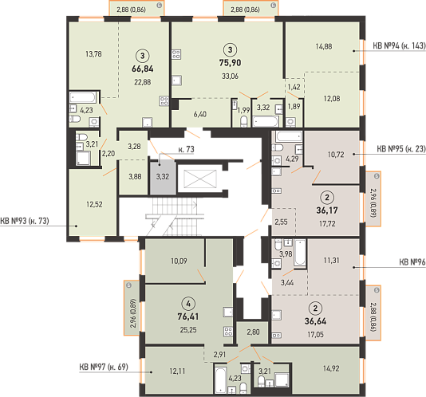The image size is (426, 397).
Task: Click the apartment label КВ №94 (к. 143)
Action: tap(399, 46)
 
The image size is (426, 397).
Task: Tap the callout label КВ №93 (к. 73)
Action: tap(25, 221)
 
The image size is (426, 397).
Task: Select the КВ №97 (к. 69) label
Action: tap(104, 367)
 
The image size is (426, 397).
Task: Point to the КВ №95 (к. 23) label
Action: tap(401, 149)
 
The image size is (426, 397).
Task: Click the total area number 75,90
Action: tap(230, 63)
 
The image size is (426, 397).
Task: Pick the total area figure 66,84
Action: tap(143, 69)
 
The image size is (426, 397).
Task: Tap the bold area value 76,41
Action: tap(188, 316)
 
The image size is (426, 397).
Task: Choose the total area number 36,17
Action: tap(327, 210)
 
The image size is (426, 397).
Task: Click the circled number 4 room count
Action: tap(188, 304)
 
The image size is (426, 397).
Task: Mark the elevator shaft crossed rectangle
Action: tap(200, 179)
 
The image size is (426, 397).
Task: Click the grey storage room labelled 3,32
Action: tap(163, 177)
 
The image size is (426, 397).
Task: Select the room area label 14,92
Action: tap(331, 368)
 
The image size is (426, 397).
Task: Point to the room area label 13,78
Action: tap(93, 54)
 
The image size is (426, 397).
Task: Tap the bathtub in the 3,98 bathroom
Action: tap(300, 252)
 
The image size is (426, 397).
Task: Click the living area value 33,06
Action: tap(230, 77)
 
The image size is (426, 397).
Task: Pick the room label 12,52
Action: tap(95, 204)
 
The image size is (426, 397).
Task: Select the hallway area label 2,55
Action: tap(281, 222)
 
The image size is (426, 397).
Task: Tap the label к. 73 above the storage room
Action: tap(187, 149)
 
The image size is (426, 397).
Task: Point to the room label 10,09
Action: tap(179, 261)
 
